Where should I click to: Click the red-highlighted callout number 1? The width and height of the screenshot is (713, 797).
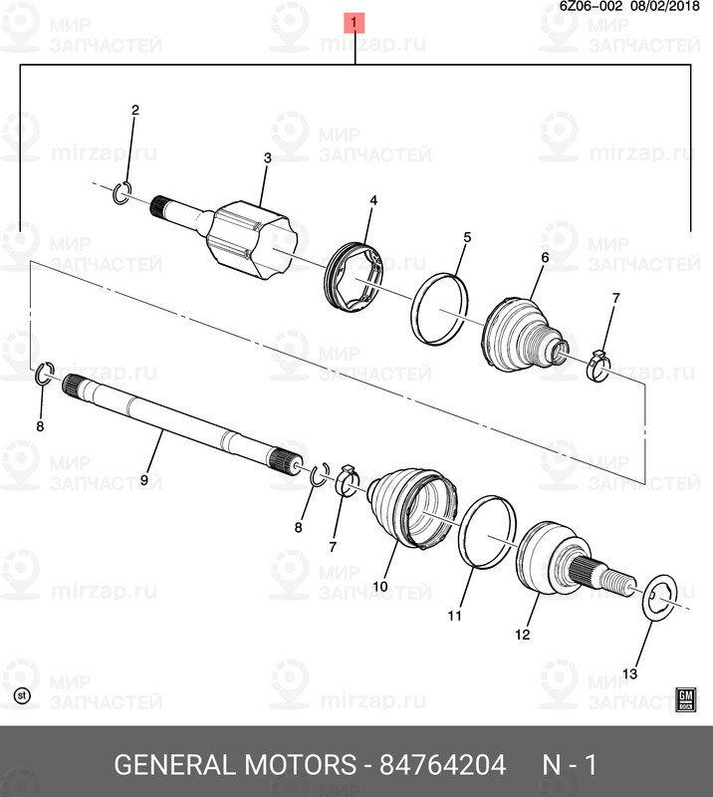pyautogui.click(x=355, y=22)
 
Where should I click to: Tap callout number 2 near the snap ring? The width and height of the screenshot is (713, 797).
pyautogui.click(x=135, y=110)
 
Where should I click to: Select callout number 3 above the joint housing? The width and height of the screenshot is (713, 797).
pyautogui.click(x=267, y=158)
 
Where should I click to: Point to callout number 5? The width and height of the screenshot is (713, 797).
pyautogui.click(x=467, y=237)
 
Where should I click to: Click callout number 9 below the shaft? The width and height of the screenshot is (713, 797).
pyautogui.click(x=143, y=480)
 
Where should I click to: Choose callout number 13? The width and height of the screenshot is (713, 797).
pyautogui.click(x=629, y=674)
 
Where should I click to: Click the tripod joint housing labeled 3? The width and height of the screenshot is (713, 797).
pyautogui.click(x=251, y=240)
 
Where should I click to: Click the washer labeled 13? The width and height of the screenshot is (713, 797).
pyautogui.click(x=659, y=597)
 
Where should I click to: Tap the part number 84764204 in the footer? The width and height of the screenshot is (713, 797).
pyautogui.click(x=442, y=764)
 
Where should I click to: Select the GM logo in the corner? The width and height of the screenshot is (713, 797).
pyautogui.click(x=685, y=699)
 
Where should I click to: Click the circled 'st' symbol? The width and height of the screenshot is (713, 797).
pyautogui.click(x=21, y=695)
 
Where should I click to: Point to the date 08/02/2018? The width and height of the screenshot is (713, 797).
pyautogui.click(x=665, y=6)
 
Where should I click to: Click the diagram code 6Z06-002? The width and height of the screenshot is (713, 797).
pyautogui.click(x=591, y=6)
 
